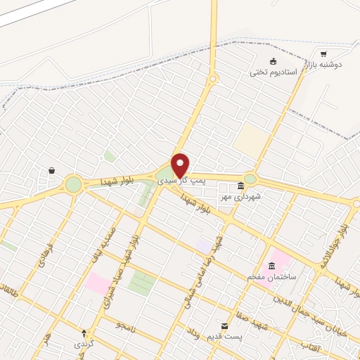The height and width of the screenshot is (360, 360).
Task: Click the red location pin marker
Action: (181, 165)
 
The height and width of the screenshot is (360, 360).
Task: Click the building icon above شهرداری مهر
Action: (241, 186)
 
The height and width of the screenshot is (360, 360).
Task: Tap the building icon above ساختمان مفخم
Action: (272, 266)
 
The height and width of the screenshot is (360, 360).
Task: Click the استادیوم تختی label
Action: (274, 72)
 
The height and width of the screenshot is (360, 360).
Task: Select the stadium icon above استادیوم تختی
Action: (274, 61)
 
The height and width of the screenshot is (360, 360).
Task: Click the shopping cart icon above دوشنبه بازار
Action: (323, 53)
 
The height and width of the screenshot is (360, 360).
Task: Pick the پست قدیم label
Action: (224, 337)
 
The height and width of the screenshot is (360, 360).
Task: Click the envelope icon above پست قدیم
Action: (225, 326)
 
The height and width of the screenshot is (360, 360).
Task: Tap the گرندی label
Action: (84, 344)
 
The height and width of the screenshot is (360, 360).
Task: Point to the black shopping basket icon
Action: (52, 170)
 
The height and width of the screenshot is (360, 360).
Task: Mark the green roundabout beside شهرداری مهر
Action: (250, 179)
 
